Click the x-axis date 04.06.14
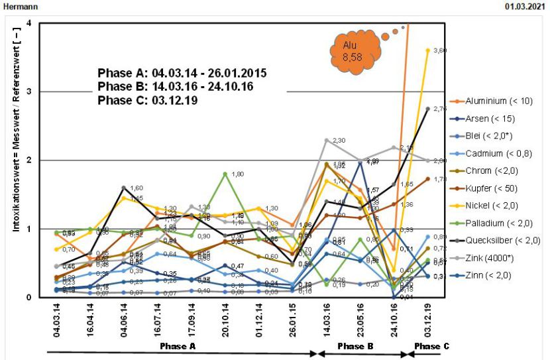click(124, 318)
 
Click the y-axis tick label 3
click(28, 91)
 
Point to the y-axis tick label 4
click(28, 24)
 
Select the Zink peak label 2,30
click(338, 141)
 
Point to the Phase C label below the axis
click(431, 346)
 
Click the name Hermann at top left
click(16, 6)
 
